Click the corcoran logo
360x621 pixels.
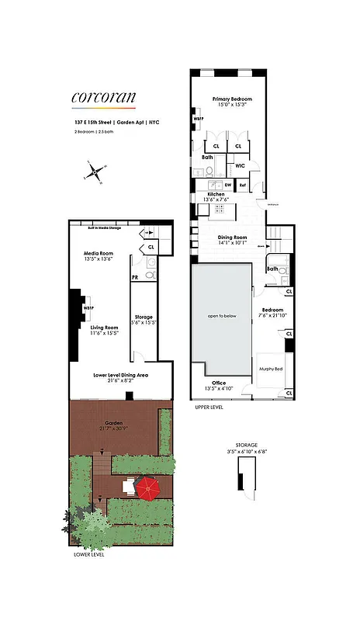(103, 97)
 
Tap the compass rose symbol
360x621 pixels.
(95, 172)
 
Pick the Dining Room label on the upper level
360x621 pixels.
(231, 239)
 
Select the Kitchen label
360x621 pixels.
(215, 196)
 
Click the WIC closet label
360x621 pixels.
(241, 165)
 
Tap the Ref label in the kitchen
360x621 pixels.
(242, 186)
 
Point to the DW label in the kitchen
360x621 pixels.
(228, 186)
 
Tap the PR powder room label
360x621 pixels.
(134, 276)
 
